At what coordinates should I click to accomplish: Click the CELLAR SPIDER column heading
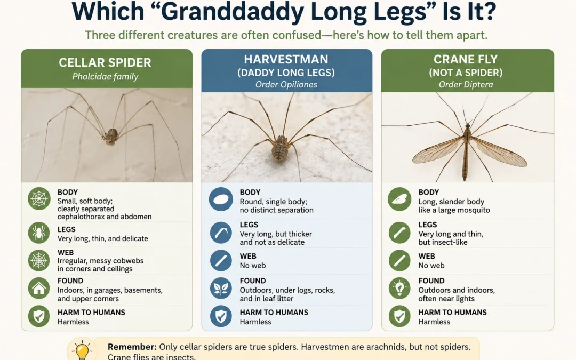click(x=105, y=62)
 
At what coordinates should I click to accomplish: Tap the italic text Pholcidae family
click(x=105, y=76)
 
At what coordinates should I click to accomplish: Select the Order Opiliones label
click(x=286, y=84)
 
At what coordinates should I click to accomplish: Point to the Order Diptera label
click(x=466, y=84)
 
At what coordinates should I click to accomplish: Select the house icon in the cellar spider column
click(x=39, y=289)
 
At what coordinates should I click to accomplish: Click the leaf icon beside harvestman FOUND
click(x=221, y=289)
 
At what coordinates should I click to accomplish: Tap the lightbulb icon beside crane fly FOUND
click(x=399, y=289)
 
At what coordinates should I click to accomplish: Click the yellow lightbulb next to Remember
click(x=82, y=349)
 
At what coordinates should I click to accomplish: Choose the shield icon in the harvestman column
click(x=221, y=316)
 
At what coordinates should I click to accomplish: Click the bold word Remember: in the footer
click(x=132, y=347)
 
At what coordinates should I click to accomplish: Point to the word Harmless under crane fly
click(x=434, y=322)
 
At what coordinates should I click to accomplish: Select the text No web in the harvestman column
click(x=252, y=265)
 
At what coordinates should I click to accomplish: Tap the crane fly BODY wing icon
click(x=399, y=199)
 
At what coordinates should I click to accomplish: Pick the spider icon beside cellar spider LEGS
click(x=39, y=233)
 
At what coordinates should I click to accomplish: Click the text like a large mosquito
click(x=454, y=210)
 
